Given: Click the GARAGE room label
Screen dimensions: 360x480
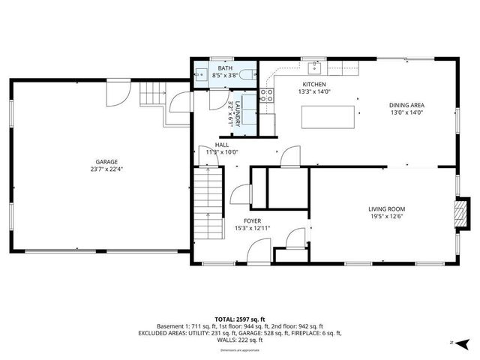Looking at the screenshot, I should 106,160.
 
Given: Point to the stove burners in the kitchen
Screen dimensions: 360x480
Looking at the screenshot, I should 265,95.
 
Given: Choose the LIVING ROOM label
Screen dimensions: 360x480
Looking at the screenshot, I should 386,208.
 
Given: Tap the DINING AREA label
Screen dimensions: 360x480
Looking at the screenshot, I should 406,105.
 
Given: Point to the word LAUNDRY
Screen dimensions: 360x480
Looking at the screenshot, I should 238,113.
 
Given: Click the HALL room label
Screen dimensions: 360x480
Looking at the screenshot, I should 222,145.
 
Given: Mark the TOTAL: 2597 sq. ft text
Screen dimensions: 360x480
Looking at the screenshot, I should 239,318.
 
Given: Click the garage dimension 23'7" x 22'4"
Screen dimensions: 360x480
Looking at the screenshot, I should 106,169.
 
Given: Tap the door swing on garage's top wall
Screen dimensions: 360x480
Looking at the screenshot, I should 116,92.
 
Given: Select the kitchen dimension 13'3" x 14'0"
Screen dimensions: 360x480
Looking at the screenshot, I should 313,92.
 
